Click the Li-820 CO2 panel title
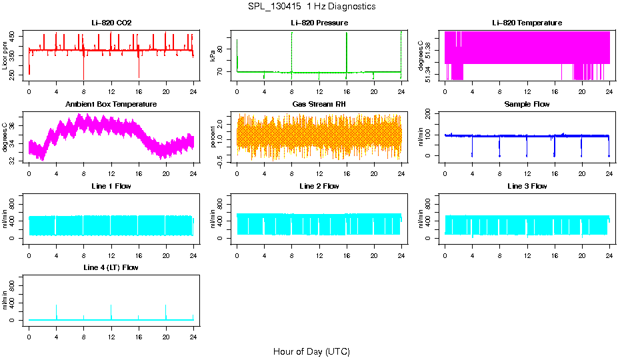[x=111, y=23]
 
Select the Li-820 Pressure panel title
[x=319, y=23]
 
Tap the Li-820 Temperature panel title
[x=527, y=23]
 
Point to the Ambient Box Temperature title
[x=111, y=105]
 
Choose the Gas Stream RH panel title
[x=319, y=105]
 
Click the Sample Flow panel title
[x=527, y=105]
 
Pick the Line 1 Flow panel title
[x=111, y=186]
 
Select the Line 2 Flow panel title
[x=319, y=186]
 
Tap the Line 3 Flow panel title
[x=527, y=186]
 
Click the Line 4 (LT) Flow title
[x=111, y=267]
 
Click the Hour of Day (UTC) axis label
[x=311, y=351]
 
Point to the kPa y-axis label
[x=213, y=56]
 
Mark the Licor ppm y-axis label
[x=5, y=56]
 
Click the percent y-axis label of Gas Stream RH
[x=213, y=137]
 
